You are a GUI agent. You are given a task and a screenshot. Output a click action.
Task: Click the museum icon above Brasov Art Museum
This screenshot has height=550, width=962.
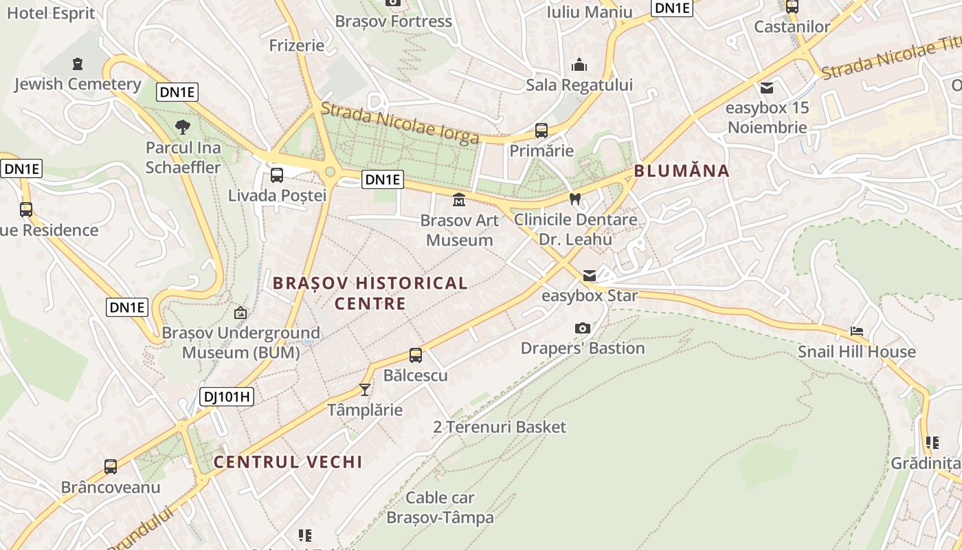click(x=458, y=200)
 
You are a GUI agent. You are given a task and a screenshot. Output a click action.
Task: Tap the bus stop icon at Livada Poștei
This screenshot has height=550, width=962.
click(x=276, y=175)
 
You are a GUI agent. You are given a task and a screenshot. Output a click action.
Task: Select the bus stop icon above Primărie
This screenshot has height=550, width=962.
click(x=541, y=130)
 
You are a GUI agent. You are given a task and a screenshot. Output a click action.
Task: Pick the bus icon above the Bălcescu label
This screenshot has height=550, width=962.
click(x=416, y=355)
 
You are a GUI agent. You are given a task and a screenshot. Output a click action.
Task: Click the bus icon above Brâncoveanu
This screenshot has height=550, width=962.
click(x=111, y=466)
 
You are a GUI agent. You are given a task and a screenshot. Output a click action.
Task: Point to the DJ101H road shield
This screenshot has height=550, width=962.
click(x=227, y=397)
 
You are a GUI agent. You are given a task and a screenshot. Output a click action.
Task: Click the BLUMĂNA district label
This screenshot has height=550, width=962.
click(x=681, y=171)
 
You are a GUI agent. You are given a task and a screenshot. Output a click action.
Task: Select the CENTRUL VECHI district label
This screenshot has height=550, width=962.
click(x=288, y=462)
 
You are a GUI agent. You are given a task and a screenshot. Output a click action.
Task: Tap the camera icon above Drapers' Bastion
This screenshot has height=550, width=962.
click(x=582, y=328)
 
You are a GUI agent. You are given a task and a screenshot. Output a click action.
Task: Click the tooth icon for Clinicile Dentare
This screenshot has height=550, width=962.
click(x=575, y=199)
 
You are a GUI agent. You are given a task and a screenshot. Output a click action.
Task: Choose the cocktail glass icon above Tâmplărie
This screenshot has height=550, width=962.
click(x=365, y=390)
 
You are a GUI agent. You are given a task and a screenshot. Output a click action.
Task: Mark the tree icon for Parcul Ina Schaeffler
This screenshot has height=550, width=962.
click(x=183, y=126)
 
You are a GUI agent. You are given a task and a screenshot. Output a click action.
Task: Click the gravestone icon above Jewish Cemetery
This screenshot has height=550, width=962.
click(x=77, y=64)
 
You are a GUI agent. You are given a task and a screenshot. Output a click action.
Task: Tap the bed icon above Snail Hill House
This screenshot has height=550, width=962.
click(x=856, y=331)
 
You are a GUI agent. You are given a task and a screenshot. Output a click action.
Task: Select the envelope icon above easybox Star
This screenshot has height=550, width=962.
click(x=589, y=276)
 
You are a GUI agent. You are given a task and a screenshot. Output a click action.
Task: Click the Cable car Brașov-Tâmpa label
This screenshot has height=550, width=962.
click(x=440, y=507)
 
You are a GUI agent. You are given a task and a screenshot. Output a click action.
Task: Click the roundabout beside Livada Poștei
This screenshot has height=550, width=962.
click(x=330, y=171)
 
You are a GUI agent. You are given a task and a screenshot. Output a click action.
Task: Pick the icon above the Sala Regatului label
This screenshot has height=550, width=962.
click(x=579, y=65)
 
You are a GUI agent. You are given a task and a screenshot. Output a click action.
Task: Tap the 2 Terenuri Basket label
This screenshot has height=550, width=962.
click(x=500, y=427)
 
